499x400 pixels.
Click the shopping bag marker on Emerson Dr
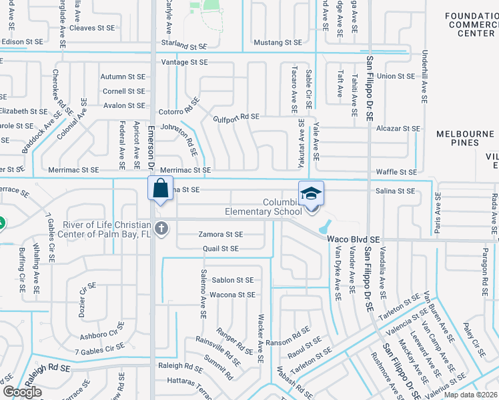pos(160,189)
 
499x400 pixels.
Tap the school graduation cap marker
pos(311,194)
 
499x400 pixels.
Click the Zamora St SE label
pos(220,234)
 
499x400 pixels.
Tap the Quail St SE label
pos(220,249)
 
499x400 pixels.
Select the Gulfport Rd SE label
pos(235,117)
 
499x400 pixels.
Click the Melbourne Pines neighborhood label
pos(467,138)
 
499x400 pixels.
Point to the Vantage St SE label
pos(183,62)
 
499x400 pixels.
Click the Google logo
pos(22,392)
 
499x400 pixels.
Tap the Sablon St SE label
pos(232,280)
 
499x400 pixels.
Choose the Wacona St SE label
pos(232,294)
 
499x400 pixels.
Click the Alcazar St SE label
pos(398,128)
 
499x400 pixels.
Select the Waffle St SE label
pos(396,172)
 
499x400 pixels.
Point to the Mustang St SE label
pos(278,43)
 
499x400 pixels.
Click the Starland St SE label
pos(183,47)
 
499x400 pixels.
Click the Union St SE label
pos(396,77)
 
